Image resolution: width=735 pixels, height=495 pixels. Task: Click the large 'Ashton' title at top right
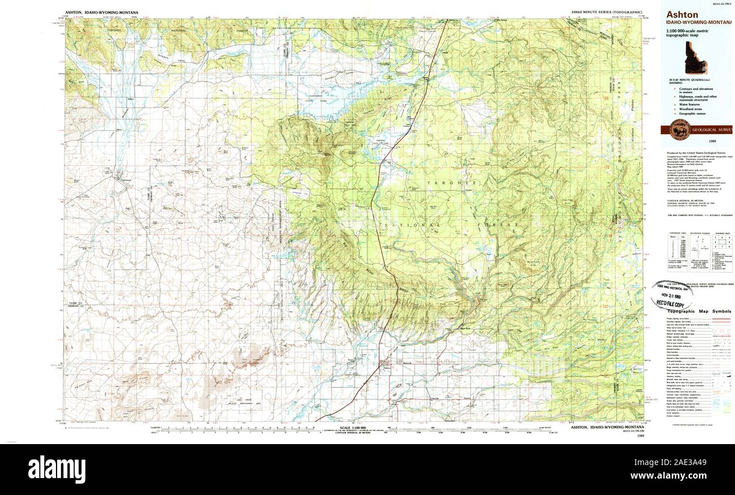pos(682,15)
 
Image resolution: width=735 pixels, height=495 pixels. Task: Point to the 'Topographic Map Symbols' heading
pos(699,312)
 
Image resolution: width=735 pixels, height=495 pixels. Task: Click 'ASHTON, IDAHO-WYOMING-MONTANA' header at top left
pos(101,12)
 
